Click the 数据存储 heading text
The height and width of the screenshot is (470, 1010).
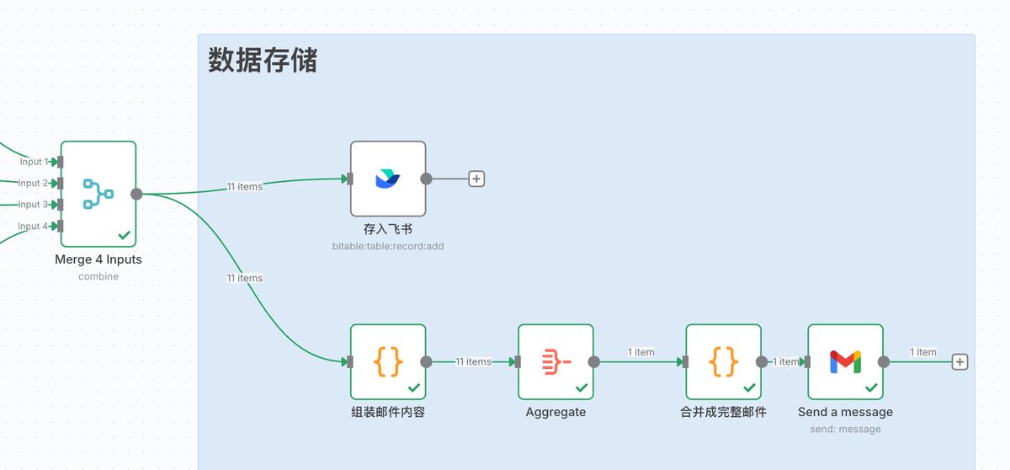tap(263, 61)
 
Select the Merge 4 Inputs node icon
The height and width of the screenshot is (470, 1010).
tap(98, 194)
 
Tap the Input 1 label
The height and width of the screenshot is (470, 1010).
tap(33, 162)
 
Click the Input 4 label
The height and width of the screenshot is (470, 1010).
tap(33, 226)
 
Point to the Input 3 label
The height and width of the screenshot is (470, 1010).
tap(33, 204)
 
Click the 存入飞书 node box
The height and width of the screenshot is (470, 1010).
tap(388, 179)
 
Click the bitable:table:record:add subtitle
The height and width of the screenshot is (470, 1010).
tap(387, 246)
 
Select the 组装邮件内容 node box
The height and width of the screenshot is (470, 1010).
tap(388, 361)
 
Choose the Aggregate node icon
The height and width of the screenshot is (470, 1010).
tap(555, 361)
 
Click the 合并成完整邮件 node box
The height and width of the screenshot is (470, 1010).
tap(723, 361)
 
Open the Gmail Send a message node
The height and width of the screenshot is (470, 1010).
tap(845, 361)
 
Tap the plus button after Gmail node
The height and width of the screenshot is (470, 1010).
tap(959, 361)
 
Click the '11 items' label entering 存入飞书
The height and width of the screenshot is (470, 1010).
tap(244, 187)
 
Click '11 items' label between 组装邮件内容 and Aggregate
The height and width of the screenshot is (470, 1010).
tap(473, 361)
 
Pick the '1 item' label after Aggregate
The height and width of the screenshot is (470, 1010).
tap(641, 352)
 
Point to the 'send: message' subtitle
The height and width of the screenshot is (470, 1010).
tap(845, 429)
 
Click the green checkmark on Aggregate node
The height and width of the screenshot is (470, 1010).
tap(582, 387)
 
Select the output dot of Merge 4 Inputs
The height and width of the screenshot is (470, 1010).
tap(137, 194)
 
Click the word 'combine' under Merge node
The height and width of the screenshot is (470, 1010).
tap(98, 276)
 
